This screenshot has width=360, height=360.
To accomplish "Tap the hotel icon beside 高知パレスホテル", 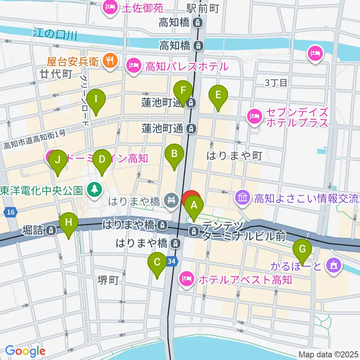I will click(134, 67).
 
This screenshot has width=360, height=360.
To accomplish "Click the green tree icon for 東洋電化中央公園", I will click(94, 189).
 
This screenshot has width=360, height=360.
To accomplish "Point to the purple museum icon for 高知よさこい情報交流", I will click(243, 197).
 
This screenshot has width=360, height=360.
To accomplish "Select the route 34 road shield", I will click(172, 261).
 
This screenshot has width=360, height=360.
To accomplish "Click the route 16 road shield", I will click(11, 213).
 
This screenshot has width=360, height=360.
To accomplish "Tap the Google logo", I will click(25, 351).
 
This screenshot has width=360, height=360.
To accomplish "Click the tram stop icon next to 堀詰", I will click(50, 229).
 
